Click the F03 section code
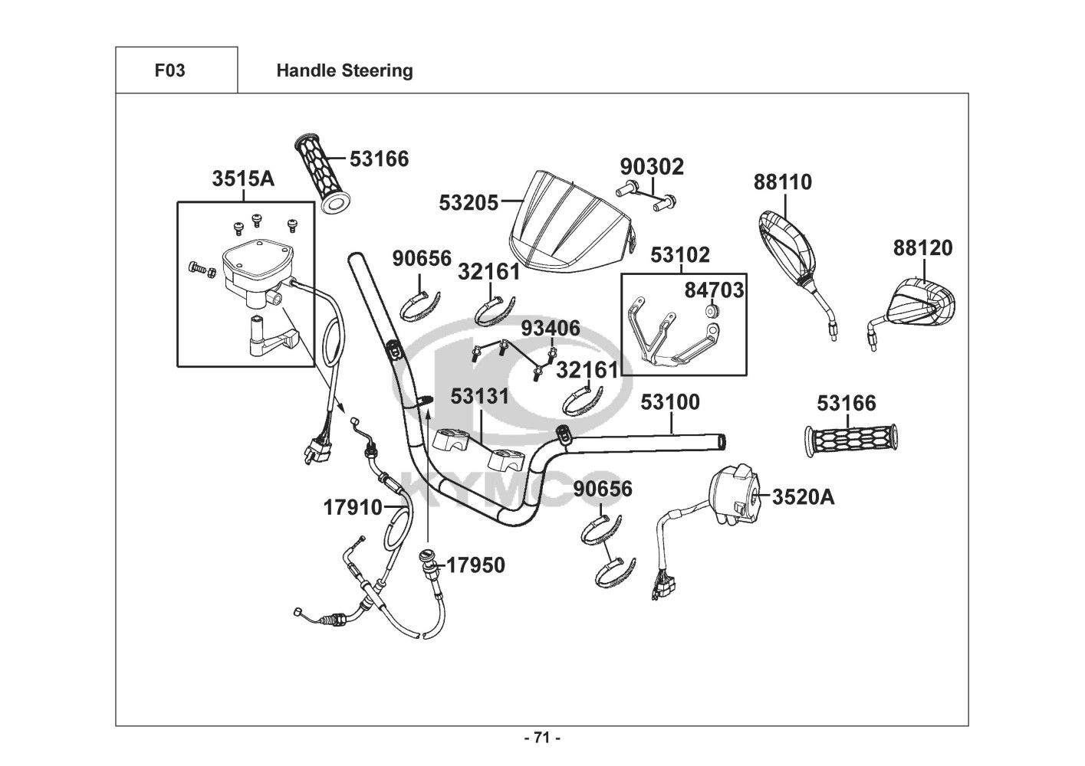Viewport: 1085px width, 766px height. pos(169,70)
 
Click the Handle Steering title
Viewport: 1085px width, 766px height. pos(344,70)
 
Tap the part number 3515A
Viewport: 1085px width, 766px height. pos(243,178)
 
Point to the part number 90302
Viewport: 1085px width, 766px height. pos(652,166)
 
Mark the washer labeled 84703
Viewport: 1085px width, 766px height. pos(711,311)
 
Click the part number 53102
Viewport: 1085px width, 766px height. pos(681,255)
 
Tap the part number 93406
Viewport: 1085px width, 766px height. pos(551,329)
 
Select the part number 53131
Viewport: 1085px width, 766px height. pos(479,396)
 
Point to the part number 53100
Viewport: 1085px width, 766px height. pos(670,401)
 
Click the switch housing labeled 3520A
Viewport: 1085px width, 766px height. pos(734,496)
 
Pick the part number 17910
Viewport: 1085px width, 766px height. pos(352,507)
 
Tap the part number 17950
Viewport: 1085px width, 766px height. pos(475,565)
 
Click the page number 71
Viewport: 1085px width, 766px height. pos(542,738)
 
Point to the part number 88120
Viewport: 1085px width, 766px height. pos(922,248)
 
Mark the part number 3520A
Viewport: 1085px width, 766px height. pos(803,496)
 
